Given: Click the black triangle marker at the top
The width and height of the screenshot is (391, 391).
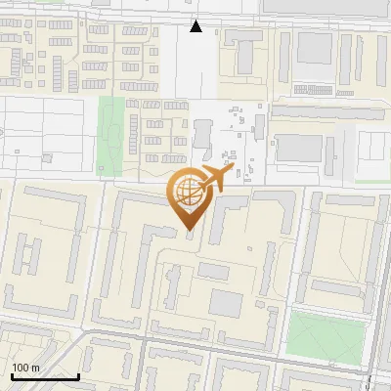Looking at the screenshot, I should (196, 26).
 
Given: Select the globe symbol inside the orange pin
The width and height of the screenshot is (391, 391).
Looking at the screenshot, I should (187, 191).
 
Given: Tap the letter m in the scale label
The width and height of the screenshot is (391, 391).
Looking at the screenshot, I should (36, 368).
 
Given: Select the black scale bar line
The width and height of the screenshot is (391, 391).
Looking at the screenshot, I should (44, 376).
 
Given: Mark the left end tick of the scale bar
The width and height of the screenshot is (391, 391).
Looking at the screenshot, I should (12, 374).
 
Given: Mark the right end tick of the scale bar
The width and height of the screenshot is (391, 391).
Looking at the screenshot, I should (78, 374).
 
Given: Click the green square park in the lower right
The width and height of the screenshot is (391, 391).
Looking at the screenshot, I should (324, 335).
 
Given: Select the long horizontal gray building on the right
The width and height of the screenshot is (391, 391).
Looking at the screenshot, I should (327, 113).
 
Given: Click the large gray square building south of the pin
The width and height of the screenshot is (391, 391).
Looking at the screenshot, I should (228, 303).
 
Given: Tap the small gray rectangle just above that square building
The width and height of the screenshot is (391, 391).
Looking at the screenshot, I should (214, 272).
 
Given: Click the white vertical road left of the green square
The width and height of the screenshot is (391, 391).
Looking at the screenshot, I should (282, 332).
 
